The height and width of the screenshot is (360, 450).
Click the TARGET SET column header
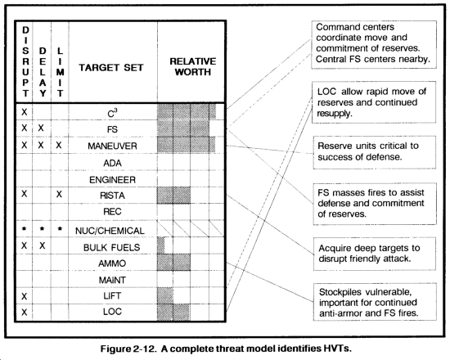[x=111, y=68]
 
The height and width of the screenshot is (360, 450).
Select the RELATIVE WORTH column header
[x=192, y=66]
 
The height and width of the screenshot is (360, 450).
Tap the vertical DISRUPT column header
[x=25, y=61]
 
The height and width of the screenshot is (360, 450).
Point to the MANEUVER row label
[x=112, y=146]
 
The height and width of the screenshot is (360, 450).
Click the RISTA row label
[x=112, y=196]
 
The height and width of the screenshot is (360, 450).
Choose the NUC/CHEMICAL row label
[x=110, y=231]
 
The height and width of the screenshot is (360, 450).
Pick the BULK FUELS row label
[x=111, y=247]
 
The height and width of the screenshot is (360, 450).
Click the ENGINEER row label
[x=112, y=180]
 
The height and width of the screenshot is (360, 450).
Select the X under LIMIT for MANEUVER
[x=59, y=146]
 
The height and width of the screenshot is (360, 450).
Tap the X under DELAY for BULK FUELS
[x=43, y=245]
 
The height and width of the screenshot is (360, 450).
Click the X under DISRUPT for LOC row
[x=25, y=312]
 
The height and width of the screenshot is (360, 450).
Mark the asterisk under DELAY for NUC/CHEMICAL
[x=43, y=229]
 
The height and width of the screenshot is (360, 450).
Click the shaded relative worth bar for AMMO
[x=173, y=263]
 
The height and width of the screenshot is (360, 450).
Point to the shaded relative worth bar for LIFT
[x=165, y=295]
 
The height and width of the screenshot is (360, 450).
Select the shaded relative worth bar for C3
[x=187, y=111]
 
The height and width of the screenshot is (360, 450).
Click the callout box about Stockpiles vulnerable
[x=374, y=302]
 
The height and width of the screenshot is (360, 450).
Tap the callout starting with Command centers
[x=374, y=44]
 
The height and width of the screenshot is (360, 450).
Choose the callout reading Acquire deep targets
[x=374, y=254]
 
